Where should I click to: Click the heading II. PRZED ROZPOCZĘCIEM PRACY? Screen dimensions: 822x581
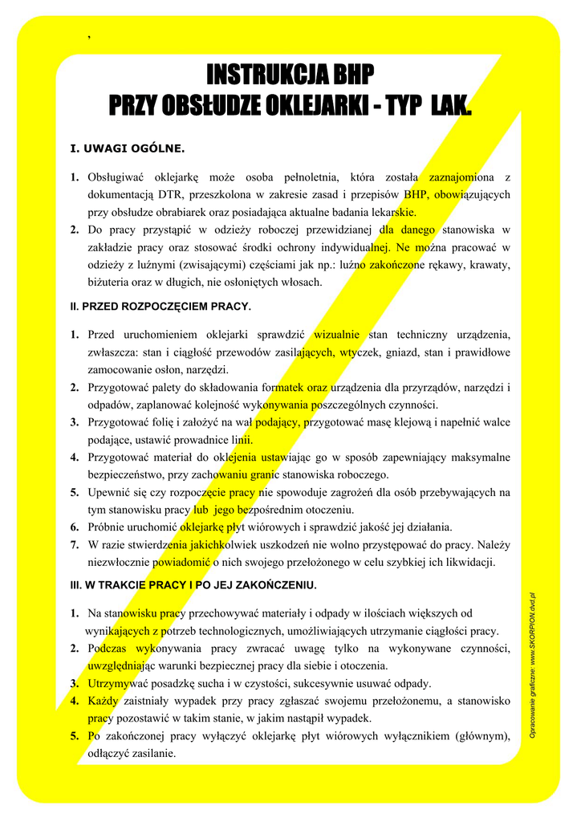[161, 307]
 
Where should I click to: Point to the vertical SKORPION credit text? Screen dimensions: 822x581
[532, 666]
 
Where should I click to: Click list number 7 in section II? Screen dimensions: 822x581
[74, 545]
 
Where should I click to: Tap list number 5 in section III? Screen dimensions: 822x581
[74, 735]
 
